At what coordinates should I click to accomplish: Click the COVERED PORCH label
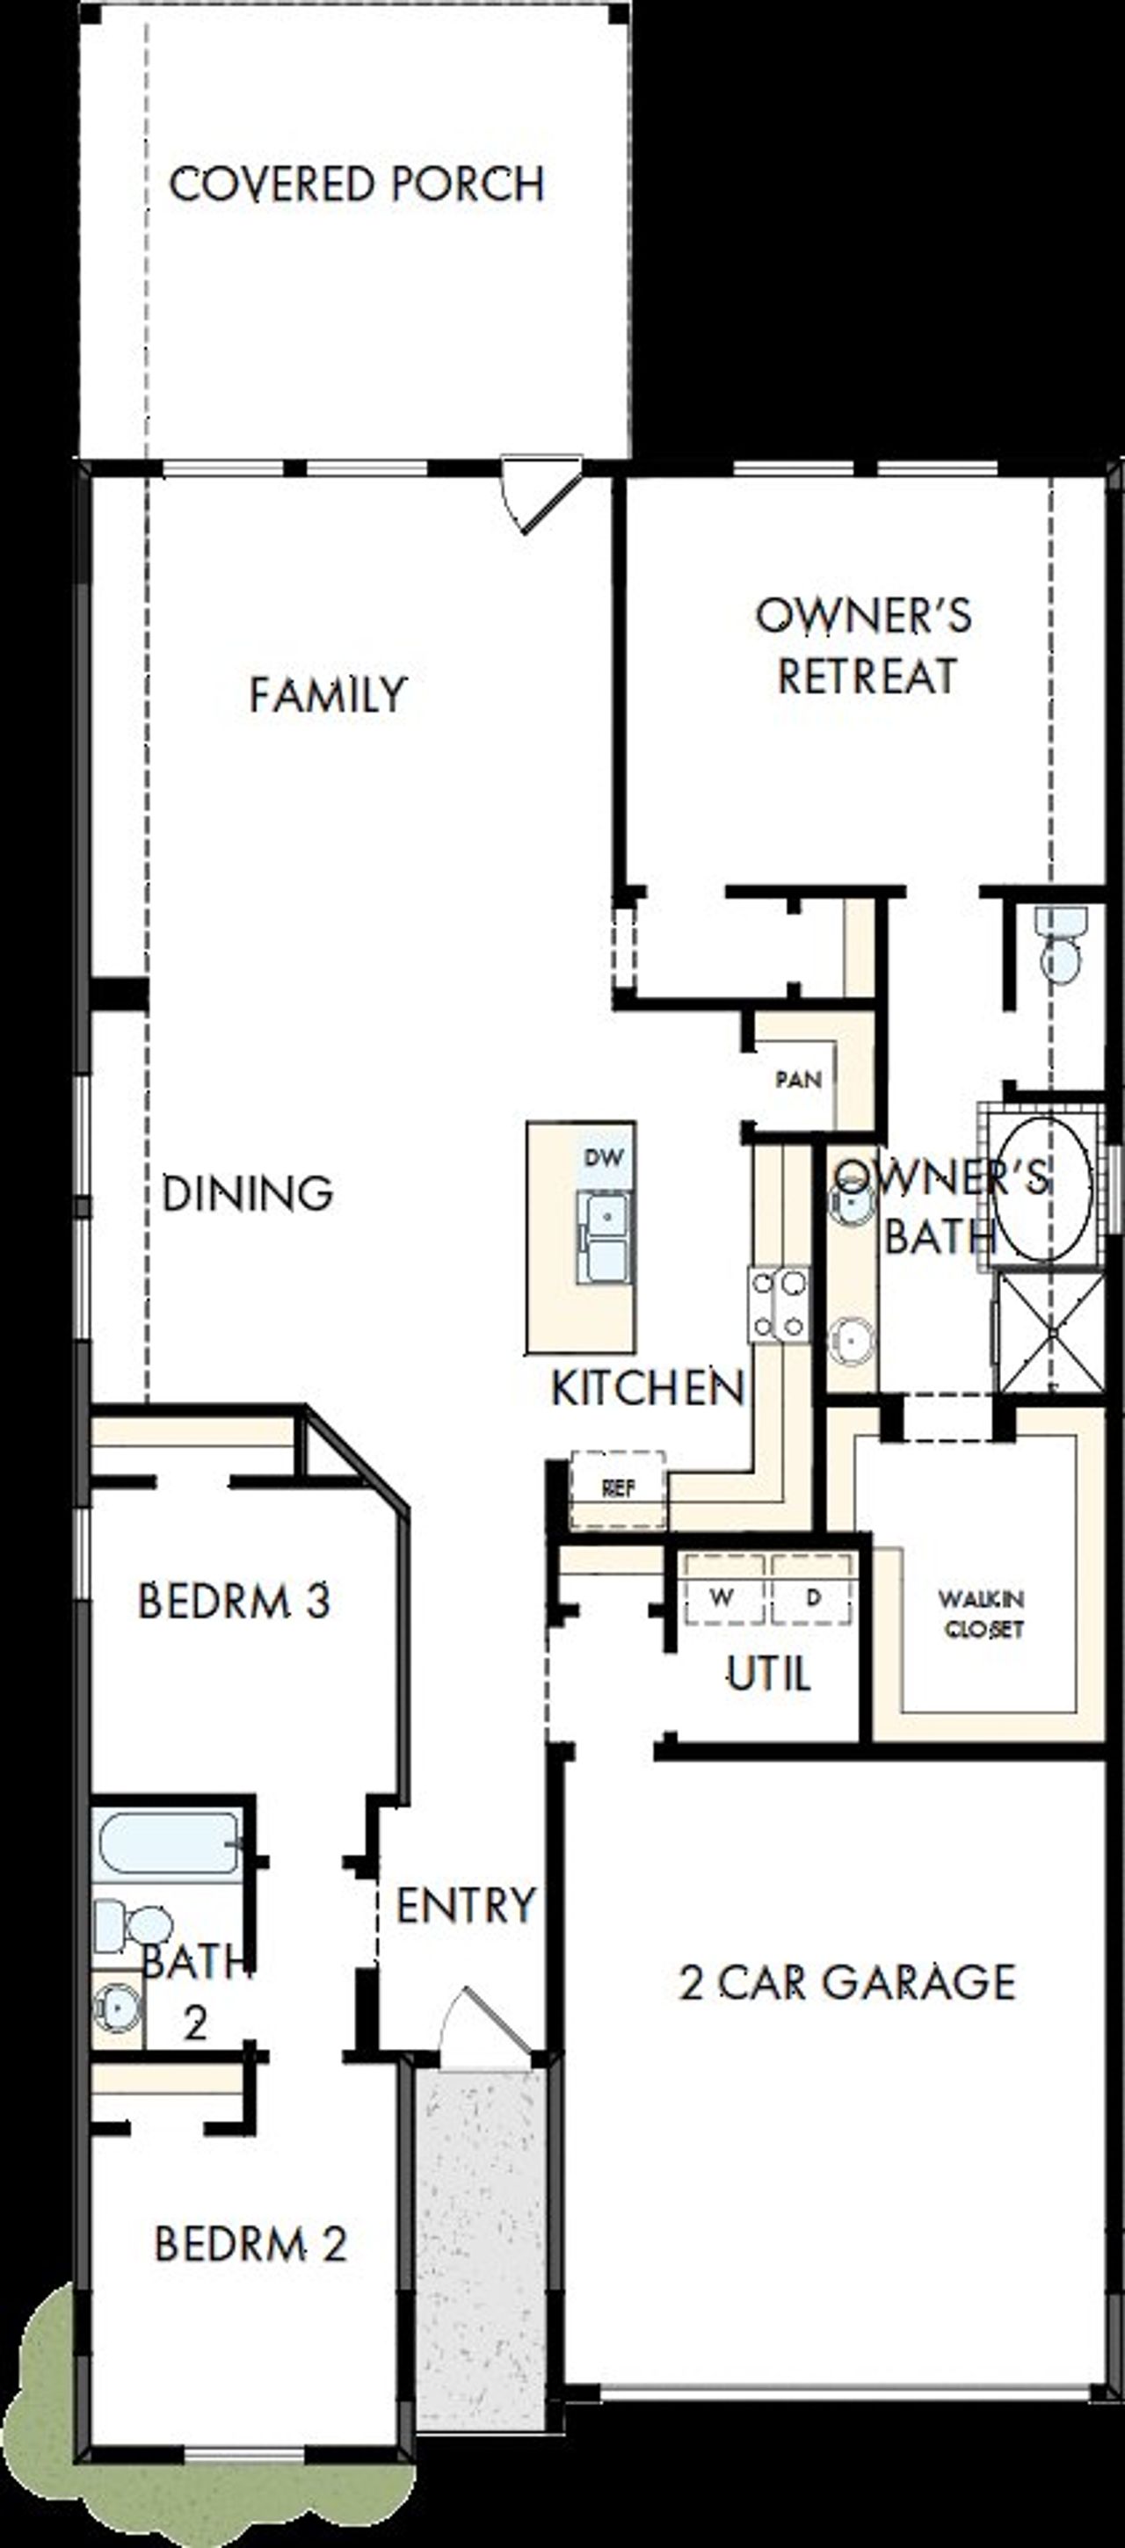click(356, 185)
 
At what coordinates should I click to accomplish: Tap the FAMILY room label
click(328, 694)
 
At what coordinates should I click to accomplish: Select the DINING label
click(247, 1194)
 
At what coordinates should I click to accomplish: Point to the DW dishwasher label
click(604, 1157)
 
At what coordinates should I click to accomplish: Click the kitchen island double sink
click(603, 1236)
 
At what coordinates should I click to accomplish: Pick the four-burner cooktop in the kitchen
click(779, 1305)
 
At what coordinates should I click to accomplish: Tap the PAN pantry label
click(798, 1079)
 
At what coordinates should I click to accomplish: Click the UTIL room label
click(769, 1674)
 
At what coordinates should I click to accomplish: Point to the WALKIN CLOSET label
click(982, 1613)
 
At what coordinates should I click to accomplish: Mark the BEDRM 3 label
click(234, 1602)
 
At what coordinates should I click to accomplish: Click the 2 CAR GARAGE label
click(847, 1982)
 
